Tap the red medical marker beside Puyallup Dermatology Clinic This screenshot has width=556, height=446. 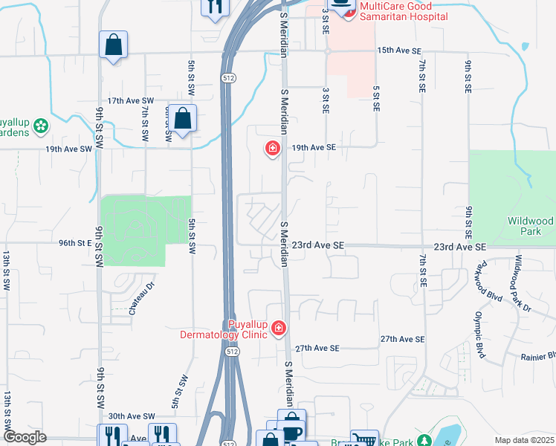tap(279, 328)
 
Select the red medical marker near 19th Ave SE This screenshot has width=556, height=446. tap(273, 149)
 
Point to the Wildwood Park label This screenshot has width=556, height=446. tap(530, 226)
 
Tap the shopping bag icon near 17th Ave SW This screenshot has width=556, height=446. tap(182, 118)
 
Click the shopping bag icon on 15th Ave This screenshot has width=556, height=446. tap(113, 44)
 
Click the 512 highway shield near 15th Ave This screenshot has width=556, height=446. tap(227, 77)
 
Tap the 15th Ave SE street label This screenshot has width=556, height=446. tap(399, 51)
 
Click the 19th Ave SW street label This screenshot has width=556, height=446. tap(68, 149)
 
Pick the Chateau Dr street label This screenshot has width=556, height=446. tap(140, 297)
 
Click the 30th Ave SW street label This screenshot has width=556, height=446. tap(131, 416)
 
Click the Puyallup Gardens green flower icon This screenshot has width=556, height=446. tap(40, 127)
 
